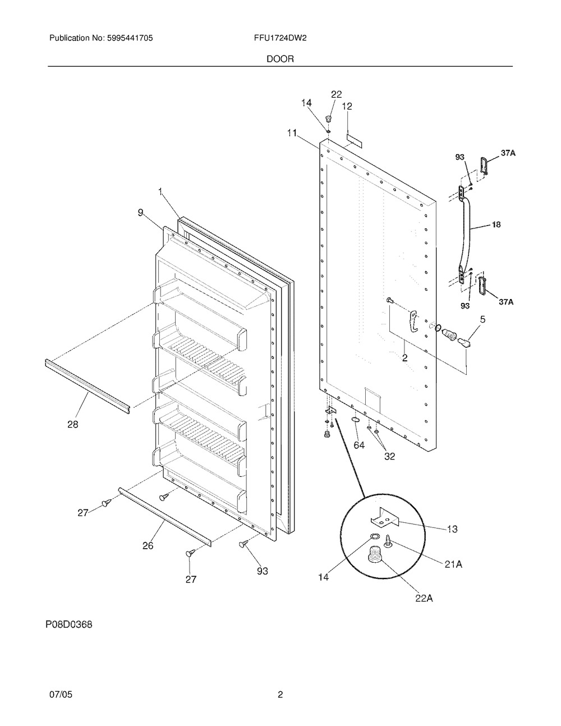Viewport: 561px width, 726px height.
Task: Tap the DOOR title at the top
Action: click(x=280, y=58)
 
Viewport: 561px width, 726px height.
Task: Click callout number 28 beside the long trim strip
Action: click(x=73, y=425)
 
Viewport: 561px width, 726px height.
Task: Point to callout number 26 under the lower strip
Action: click(x=148, y=545)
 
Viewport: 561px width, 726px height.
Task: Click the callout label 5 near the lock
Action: click(x=482, y=320)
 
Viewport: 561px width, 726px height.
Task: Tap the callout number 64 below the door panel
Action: click(x=359, y=445)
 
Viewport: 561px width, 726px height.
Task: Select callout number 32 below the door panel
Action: click(x=389, y=456)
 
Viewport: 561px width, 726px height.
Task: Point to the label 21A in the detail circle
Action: click(x=453, y=564)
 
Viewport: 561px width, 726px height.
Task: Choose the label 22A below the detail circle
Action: click(x=424, y=598)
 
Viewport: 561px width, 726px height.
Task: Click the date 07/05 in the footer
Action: click(x=61, y=695)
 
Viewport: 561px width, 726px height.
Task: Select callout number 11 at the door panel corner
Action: click(x=292, y=133)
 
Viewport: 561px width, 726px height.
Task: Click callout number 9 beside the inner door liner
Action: click(x=140, y=212)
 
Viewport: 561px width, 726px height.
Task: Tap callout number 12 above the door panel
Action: click(x=347, y=106)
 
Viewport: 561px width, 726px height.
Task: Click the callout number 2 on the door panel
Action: click(x=404, y=357)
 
